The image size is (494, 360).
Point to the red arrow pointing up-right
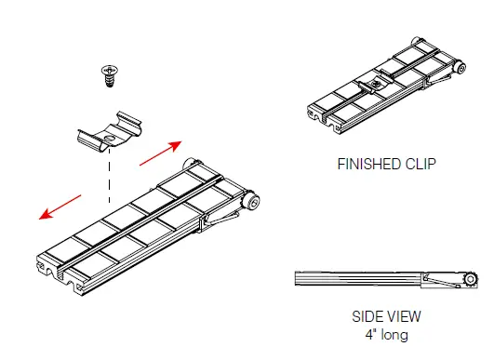161,152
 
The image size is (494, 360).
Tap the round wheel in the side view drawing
473,279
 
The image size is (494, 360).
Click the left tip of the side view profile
297,278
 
